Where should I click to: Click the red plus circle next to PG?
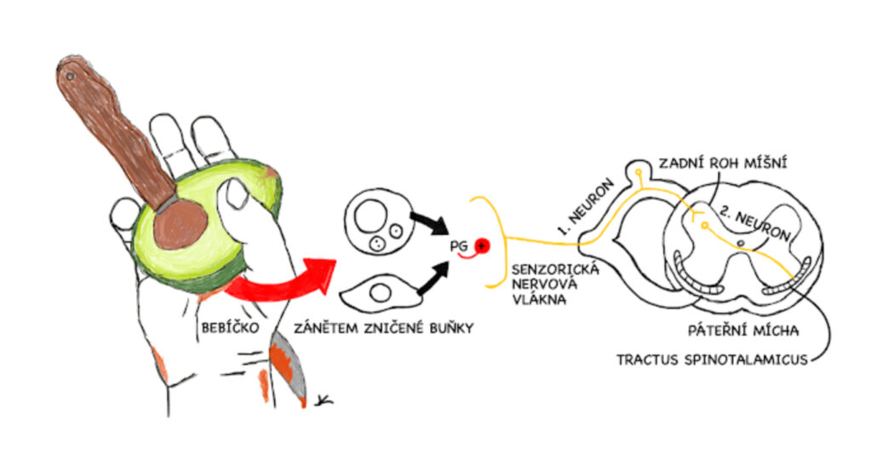pyautogui.click(x=483, y=246)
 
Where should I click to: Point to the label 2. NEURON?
pyautogui.click(x=749, y=224)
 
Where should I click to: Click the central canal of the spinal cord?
pyautogui.click(x=741, y=245)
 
